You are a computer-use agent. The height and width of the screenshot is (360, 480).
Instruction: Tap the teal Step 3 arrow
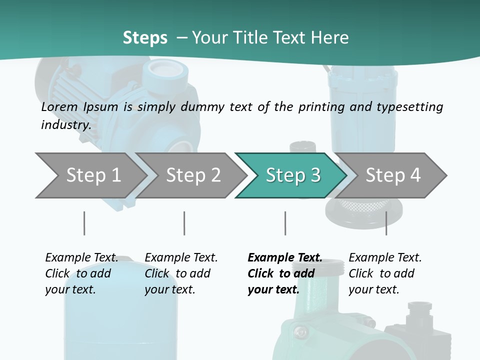click(292, 175)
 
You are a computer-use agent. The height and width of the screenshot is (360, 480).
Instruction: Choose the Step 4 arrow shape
click(393, 175)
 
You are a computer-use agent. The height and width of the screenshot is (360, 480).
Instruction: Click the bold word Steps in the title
click(145, 38)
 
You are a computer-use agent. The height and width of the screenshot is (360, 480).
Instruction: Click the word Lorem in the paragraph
click(59, 106)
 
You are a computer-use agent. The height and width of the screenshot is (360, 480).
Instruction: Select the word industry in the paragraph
click(65, 124)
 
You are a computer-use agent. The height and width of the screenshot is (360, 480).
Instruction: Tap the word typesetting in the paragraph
click(408, 107)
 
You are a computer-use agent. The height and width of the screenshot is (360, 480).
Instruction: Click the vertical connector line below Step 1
click(84, 223)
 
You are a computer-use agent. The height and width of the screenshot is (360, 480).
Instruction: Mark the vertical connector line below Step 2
click(184, 223)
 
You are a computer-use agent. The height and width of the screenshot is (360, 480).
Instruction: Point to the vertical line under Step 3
click(285, 223)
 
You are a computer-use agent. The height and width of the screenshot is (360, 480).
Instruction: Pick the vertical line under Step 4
click(386, 223)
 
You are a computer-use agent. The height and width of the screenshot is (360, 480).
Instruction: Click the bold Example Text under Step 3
click(285, 257)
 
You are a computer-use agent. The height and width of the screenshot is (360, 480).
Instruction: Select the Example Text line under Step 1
click(81, 257)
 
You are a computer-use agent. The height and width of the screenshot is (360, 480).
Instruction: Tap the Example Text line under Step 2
click(181, 257)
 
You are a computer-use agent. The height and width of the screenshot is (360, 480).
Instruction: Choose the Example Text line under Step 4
click(385, 257)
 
